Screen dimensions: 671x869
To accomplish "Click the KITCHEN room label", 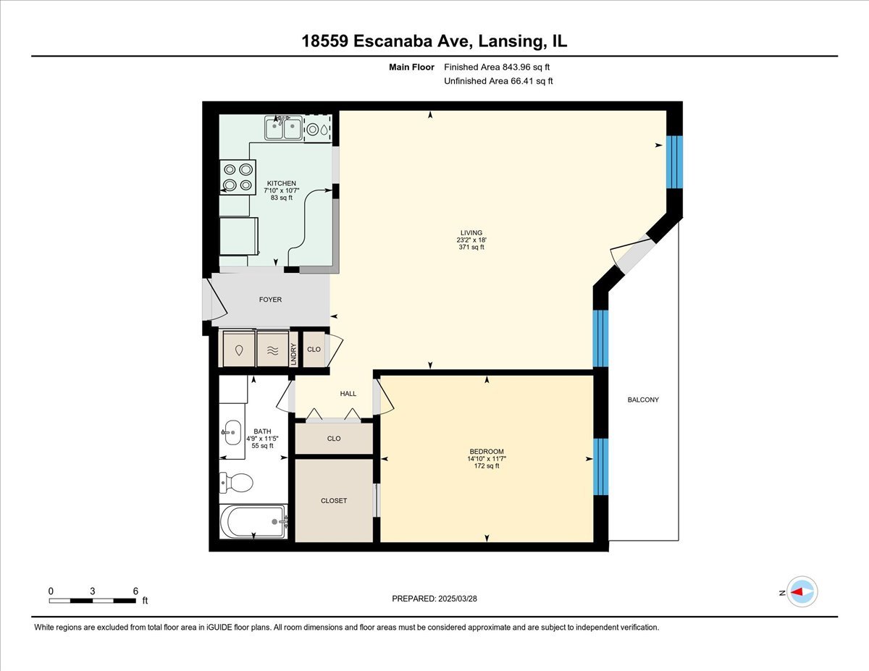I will pyautogui.click(x=281, y=183).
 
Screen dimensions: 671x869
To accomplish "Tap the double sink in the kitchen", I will pyautogui.click(x=283, y=129).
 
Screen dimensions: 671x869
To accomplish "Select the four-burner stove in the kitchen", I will pyautogui.click(x=238, y=177).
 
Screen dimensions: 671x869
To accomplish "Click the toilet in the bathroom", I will pyautogui.click(x=236, y=481).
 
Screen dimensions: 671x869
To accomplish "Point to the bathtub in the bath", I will pyautogui.click(x=253, y=520).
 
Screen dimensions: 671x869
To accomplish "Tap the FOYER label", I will pyautogui.click(x=270, y=300).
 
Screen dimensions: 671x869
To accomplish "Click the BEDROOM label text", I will pyautogui.click(x=485, y=452).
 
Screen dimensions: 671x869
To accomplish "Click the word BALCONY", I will pyautogui.click(x=643, y=400).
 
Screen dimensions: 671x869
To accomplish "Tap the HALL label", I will pyautogui.click(x=348, y=394).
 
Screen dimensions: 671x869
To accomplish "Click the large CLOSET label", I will pyautogui.click(x=334, y=501).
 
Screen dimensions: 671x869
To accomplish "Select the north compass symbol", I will pyautogui.click(x=802, y=592).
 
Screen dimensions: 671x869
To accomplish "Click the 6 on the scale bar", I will pyautogui.click(x=135, y=591).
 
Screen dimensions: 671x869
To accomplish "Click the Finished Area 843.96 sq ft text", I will pyautogui.click(x=498, y=67).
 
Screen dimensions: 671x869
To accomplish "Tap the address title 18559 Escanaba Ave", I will pyautogui.click(x=434, y=41).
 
